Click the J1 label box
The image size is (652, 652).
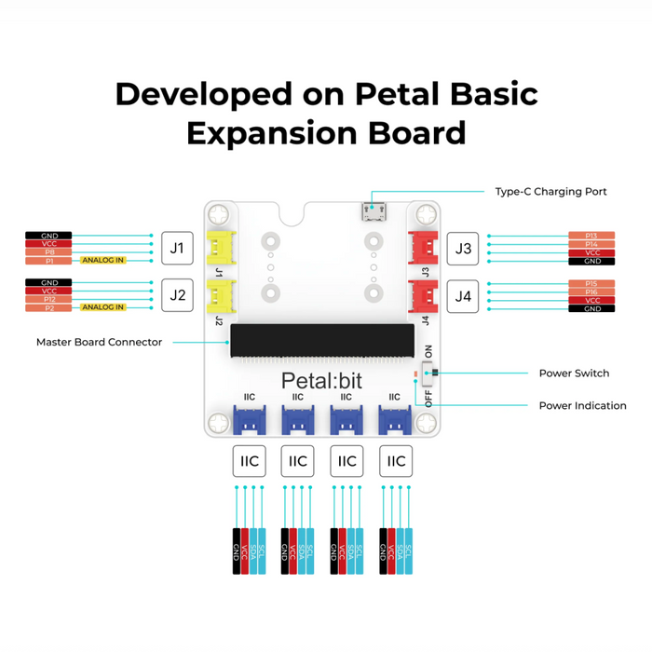(x=177, y=249)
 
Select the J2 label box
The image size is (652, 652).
(x=177, y=295)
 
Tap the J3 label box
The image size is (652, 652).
(x=463, y=249)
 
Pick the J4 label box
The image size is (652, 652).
(x=463, y=295)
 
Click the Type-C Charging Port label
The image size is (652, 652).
(x=550, y=192)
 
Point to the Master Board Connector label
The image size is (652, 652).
(x=99, y=342)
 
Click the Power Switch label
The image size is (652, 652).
(x=574, y=374)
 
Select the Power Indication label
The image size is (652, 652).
(x=582, y=405)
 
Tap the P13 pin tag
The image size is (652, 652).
(x=591, y=236)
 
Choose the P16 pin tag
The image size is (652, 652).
(x=591, y=292)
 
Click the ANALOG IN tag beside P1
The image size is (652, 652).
(x=102, y=260)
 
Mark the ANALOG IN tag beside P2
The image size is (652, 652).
(x=102, y=306)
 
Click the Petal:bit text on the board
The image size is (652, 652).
(x=322, y=380)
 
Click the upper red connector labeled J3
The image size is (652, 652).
(x=424, y=247)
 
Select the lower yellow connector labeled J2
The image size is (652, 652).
(x=220, y=295)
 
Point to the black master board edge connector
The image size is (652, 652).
(x=322, y=342)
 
